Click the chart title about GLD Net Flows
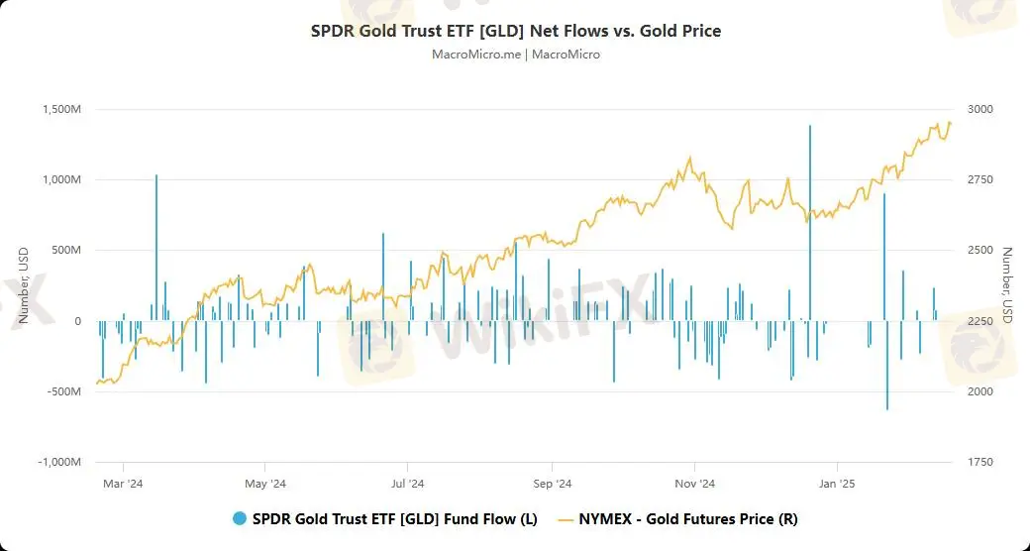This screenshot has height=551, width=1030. click(516, 31)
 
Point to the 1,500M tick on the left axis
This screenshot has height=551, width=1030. click(62, 109)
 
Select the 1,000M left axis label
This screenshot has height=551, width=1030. click(62, 179)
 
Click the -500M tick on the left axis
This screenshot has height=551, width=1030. click(65, 391)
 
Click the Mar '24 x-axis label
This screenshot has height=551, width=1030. click(123, 485)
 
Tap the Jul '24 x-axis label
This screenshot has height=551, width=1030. click(407, 485)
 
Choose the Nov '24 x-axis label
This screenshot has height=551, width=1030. click(694, 485)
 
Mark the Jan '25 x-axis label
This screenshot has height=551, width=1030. click(838, 485)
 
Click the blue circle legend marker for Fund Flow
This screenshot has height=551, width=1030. click(239, 518)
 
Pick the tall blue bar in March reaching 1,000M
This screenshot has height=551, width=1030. click(156, 248)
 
